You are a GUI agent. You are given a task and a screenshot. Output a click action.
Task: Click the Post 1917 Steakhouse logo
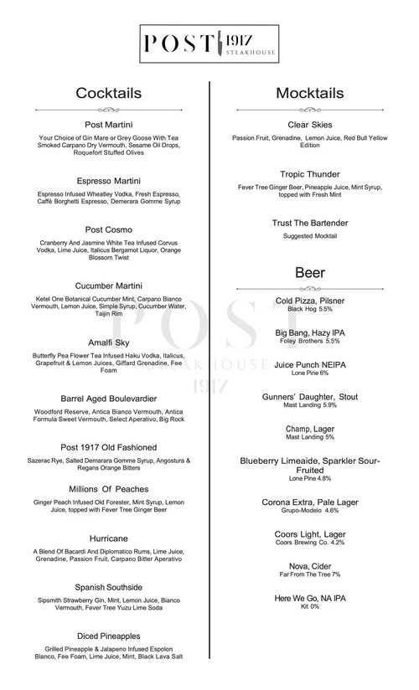tap(209, 44)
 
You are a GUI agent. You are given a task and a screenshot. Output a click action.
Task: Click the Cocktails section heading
tap(108, 93)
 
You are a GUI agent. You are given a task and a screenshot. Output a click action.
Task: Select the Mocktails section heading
tap(310, 93)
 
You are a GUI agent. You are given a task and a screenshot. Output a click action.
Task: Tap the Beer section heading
tap(310, 273)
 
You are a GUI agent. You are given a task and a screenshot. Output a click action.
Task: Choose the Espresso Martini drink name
tap(108, 181)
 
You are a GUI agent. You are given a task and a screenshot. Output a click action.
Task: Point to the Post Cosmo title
tap(108, 229)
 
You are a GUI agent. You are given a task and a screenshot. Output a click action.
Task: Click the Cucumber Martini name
tap(108, 286)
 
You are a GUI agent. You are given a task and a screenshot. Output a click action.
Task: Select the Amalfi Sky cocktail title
tap(108, 342)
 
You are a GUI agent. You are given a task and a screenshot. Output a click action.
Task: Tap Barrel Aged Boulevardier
tap(108, 399)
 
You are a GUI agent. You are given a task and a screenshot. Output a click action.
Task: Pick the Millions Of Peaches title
tap(108, 489)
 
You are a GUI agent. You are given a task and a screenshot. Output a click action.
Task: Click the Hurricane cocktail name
tap(108, 538)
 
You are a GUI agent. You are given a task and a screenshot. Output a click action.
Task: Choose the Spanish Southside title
tap(108, 587)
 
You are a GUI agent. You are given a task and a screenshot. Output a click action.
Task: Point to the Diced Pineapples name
tap(108, 636)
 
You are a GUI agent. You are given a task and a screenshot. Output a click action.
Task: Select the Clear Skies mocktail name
tap(310, 124)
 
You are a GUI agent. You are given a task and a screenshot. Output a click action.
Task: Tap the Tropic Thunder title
tap(310, 173)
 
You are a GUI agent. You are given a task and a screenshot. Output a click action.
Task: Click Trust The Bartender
tap(310, 223)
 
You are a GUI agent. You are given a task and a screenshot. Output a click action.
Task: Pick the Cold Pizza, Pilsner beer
tap(310, 301)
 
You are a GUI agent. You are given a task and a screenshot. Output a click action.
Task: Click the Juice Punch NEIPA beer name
tap(310, 365)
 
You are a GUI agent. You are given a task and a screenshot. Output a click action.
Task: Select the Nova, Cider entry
tap(310, 566)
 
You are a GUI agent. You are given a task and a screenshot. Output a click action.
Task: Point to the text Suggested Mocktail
tap(310, 236)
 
